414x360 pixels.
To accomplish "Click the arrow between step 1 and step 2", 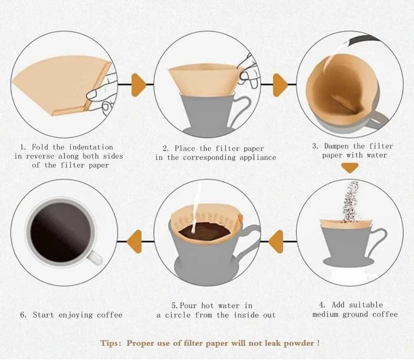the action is [x=138, y=85].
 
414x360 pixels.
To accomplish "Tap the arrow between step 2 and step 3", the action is [x=280, y=85].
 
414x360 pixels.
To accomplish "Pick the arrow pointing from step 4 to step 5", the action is [x=276, y=242].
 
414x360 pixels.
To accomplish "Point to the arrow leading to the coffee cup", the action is [x=135, y=242].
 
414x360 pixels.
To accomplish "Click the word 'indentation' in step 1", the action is [x=91, y=147].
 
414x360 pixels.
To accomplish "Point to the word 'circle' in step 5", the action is [x=178, y=315].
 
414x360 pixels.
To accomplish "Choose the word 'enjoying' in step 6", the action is [x=76, y=315].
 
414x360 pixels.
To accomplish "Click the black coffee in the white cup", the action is [x=61, y=232].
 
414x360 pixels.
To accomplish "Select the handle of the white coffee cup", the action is [x=95, y=257].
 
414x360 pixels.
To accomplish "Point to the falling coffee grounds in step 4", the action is [x=351, y=202].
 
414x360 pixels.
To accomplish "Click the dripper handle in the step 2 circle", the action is [x=242, y=108].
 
